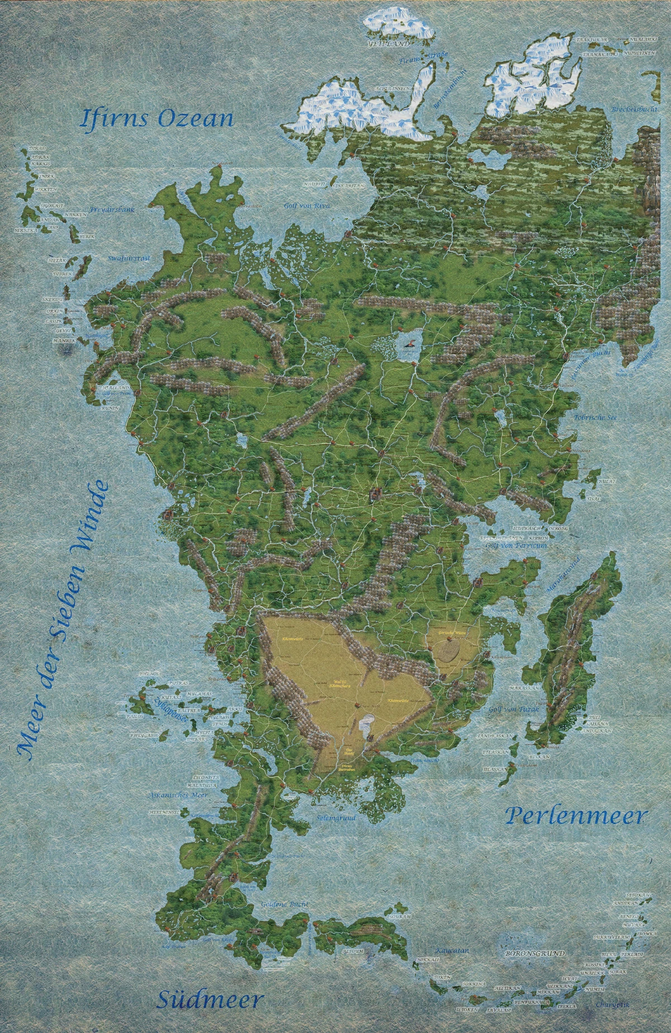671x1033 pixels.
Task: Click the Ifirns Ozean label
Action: coord(157,119)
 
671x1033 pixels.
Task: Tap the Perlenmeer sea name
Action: coord(576,816)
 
